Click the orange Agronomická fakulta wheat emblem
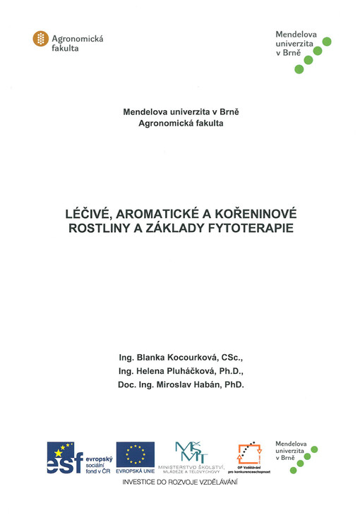coord(41,40)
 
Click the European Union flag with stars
coord(136,454)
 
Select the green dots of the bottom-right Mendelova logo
coord(305,460)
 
